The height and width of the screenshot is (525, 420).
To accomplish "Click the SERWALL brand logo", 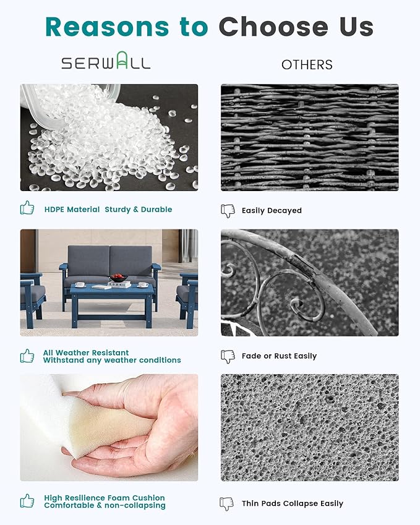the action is coord(106,61).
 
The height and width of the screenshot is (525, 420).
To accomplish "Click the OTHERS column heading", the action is coord(307,65).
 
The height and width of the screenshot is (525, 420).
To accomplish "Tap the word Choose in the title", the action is coord(273,27).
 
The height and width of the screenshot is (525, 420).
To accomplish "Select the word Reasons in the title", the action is coord(108,27).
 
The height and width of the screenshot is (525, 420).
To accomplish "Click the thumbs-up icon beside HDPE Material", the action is coord(27,208).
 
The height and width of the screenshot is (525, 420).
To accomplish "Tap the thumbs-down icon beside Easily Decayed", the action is coord(228,211).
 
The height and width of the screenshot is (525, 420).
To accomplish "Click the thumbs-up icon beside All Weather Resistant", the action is coord(27,356).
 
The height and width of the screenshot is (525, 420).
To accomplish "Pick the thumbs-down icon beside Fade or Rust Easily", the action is coord(228,357).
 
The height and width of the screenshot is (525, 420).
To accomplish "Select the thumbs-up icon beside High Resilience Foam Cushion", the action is coord(27,501).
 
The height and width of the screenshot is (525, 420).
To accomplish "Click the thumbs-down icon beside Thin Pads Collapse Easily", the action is coord(227,504).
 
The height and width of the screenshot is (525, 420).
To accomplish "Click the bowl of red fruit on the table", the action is coord(118,278).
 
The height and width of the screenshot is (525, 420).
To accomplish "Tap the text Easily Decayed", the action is coord(272,211).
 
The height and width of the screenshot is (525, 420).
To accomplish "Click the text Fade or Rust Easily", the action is coord(279,356).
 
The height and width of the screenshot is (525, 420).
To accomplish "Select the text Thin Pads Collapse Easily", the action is coord(293,503).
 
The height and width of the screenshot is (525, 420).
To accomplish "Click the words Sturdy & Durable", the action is coord(139,210).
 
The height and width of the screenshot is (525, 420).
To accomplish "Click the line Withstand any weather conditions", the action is coord(112,361).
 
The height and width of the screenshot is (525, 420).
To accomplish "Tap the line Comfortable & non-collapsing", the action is coord(105,505).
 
